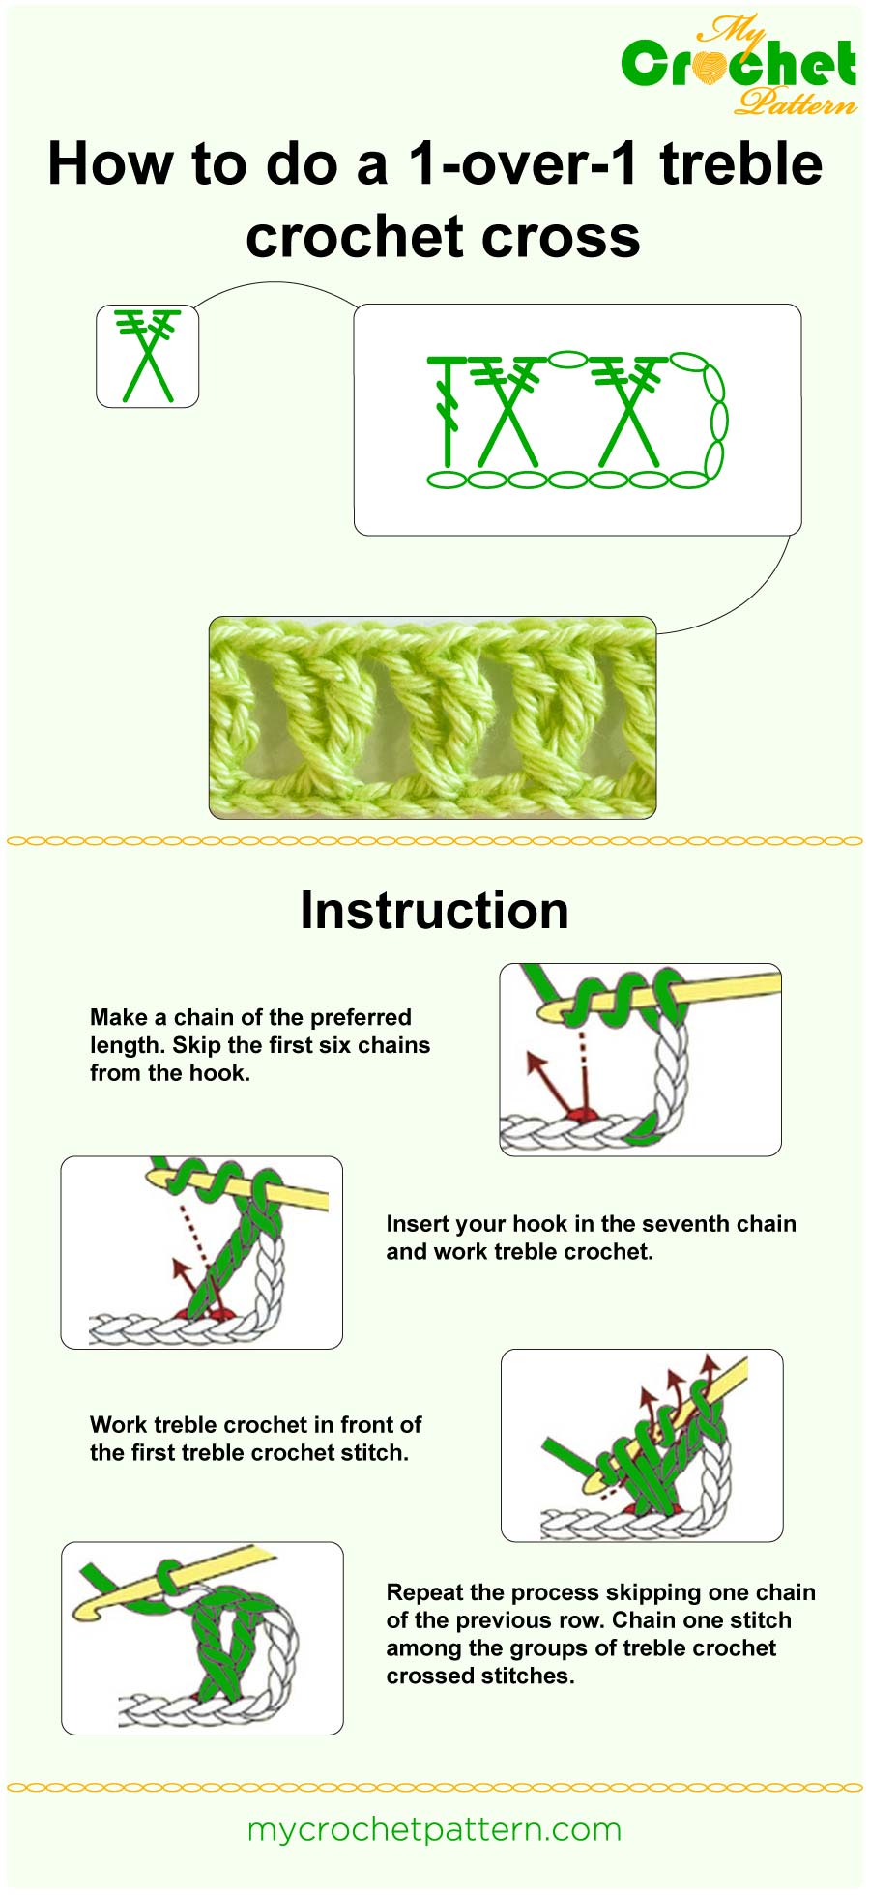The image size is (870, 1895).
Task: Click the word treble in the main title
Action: [740, 164]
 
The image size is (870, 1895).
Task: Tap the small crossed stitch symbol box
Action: [147, 356]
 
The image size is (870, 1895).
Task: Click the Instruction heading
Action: [434, 911]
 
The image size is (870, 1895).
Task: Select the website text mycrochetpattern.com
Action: [434, 1829]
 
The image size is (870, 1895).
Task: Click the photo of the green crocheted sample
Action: [432, 717]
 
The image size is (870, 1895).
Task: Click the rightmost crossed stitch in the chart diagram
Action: [628, 414]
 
